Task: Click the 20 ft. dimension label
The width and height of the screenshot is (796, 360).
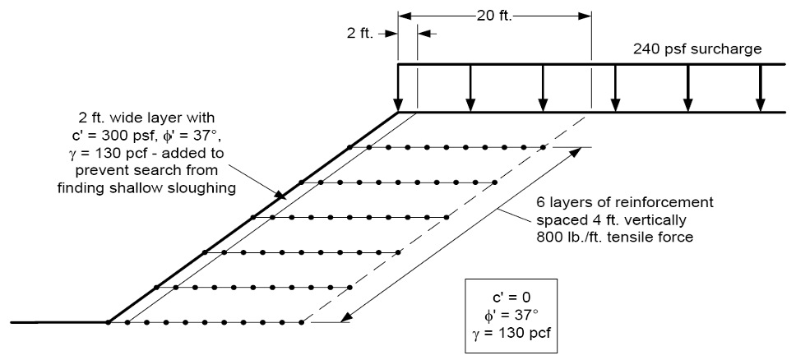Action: [494, 16]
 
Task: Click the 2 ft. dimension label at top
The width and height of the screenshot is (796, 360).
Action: [360, 34]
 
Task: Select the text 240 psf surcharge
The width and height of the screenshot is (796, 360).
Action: [697, 48]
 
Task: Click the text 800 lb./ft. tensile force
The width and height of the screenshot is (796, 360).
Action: [615, 238]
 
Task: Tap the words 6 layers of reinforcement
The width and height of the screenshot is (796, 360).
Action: [625, 202]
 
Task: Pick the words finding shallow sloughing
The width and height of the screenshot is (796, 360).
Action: [146, 188]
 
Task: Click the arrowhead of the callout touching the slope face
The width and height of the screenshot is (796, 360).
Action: [280, 196]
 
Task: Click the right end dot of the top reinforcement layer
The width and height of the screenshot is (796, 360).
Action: [544, 147]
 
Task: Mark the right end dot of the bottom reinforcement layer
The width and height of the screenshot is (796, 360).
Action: [302, 322]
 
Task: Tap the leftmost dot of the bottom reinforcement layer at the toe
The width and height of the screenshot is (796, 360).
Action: [108, 322]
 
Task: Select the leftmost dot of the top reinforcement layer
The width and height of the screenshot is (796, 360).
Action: [349, 147]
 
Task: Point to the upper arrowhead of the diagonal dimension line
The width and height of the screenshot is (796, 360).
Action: [576, 152]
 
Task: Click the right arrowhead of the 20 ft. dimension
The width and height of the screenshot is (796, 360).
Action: [585, 16]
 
